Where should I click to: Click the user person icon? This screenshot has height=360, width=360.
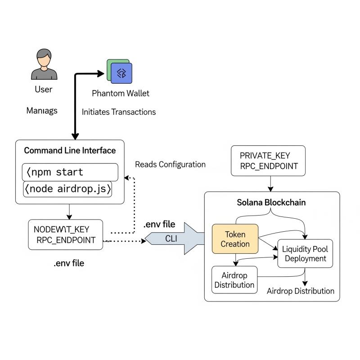(x=44, y=65)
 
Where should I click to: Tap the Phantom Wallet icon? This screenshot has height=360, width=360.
(x=120, y=72)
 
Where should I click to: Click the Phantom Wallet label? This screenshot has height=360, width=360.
(x=121, y=94)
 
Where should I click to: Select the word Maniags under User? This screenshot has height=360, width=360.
(x=42, y=110)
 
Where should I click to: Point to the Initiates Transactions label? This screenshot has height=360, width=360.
(x=119, y=112)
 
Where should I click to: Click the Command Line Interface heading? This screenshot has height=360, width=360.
(x=70, y=150)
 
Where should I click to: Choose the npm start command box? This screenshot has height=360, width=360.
(x=70, y=172)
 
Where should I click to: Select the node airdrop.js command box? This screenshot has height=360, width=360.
(x=67, y=189)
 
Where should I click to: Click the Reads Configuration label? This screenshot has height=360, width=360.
(x=170, y=164)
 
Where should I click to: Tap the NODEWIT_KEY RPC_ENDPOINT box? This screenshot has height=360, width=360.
(x=66, y=234)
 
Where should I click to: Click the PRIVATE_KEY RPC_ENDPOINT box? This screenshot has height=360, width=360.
(x=268, y=161)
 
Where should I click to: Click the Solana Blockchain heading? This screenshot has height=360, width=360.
(x=271, y=202)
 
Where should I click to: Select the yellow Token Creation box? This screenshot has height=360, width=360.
(x=235, y=238)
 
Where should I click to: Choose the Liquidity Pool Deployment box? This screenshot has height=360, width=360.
(x=305, y=254)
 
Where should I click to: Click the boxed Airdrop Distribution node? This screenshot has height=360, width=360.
(x=234, y=280)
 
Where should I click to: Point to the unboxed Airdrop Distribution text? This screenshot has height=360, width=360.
(x=300, y=291)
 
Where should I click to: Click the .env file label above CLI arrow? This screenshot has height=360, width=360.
(x=159, y=225)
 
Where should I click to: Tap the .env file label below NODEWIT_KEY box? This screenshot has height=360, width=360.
(x=68, y=263)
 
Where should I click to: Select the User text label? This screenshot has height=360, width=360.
(x=43, y=89)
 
